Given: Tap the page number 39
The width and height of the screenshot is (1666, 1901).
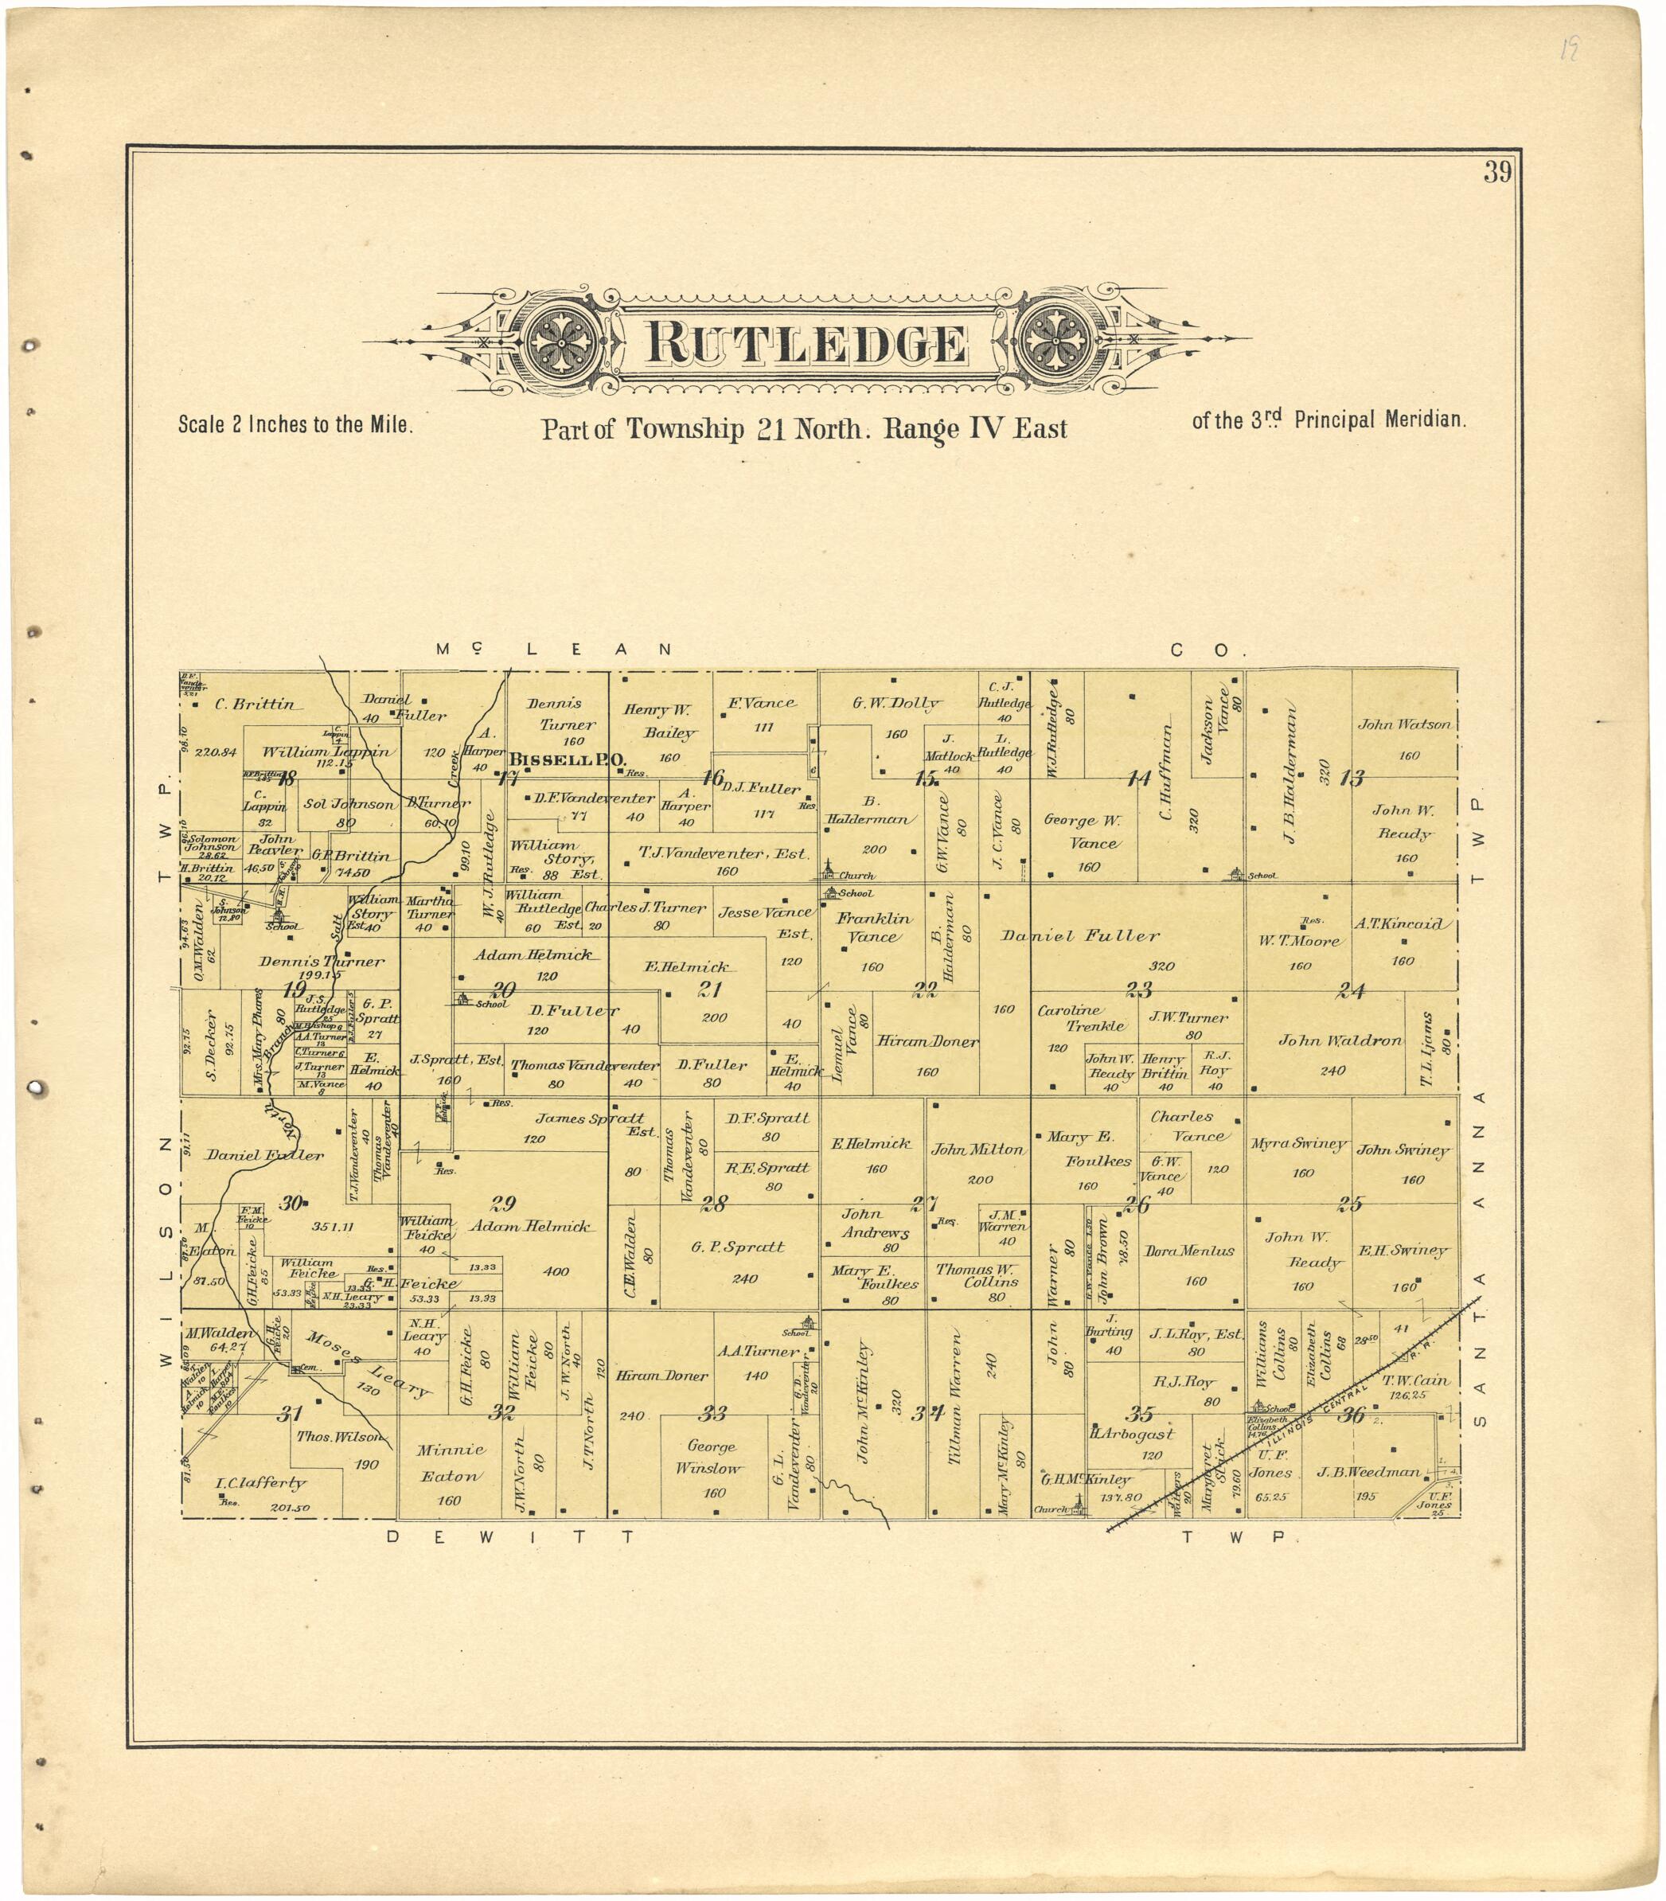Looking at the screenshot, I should (x=1496, y=173).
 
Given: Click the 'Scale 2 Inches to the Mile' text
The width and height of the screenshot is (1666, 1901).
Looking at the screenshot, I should (x=295, y=425).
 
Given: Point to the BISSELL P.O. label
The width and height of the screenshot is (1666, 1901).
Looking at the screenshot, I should (x=567, y=759).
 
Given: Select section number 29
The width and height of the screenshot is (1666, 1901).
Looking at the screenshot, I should (x=503, y=1204).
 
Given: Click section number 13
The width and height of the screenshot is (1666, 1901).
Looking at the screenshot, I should (x=1352, y=778).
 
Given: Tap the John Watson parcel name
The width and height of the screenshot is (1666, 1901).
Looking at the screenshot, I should (x=1404, y=724).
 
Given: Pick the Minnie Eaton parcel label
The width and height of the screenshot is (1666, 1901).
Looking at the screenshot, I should (x=449, y=1462).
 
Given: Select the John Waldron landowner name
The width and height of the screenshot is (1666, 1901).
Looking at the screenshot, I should (x=1340, y=1040).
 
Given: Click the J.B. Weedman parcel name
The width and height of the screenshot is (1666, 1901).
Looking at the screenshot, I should (x=1368, y=1472).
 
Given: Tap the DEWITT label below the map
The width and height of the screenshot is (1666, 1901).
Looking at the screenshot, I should (x=510, y=1536).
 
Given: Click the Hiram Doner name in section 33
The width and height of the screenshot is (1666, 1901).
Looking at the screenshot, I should (x=662, y=1375).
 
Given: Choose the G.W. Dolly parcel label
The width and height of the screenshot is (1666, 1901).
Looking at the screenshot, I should (x=896, y=704).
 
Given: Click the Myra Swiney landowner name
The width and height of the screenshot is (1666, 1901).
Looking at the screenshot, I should (x=1297, y=1144).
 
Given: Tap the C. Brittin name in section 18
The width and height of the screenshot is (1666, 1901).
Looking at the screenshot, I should (x=254, y=705).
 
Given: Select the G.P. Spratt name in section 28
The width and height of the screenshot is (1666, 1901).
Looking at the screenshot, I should (x=737, y=1247).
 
